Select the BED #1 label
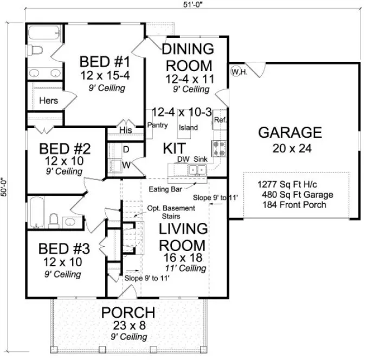click(102, 61)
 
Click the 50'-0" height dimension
click(5, 187)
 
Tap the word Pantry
click(157, 125)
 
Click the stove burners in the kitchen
click(220, 147)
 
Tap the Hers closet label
click(48, 100)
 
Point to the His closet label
click(126, 130)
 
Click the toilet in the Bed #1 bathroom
click(36, 51)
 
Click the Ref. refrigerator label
click(220, 119)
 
